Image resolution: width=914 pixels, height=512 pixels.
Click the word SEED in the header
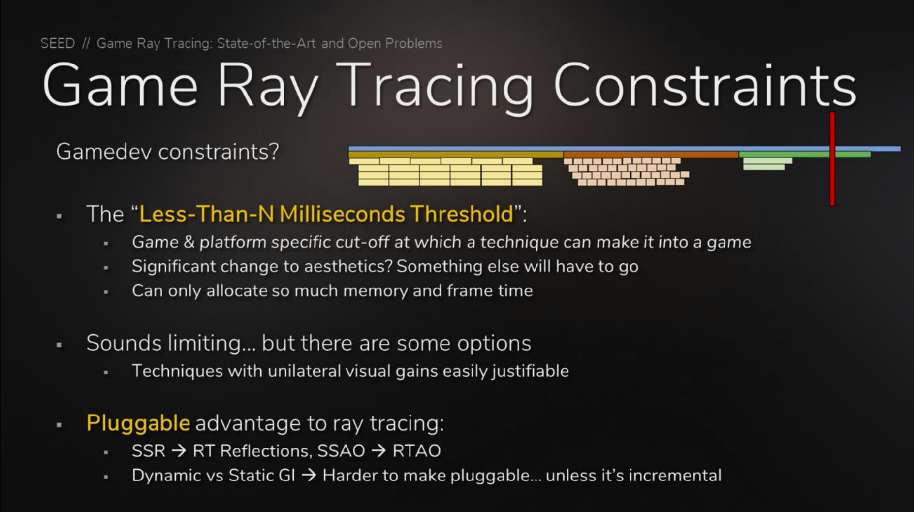(58, 43)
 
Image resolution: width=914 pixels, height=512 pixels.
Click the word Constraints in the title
(705, 85)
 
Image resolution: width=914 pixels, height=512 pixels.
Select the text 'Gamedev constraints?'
(167, 151)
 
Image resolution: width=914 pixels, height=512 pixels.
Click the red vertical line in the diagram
(832, 159)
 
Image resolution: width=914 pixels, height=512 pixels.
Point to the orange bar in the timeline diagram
(651, 155)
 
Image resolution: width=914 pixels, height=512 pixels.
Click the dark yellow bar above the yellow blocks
(456, 155)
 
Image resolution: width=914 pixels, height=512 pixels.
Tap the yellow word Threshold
(462, 214)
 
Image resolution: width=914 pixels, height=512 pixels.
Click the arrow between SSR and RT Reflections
(179, 451)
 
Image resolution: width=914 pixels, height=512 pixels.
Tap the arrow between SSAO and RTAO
(378, 451)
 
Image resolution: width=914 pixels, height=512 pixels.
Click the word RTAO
(416, 451)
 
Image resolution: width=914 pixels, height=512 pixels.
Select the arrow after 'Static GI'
(309, 476)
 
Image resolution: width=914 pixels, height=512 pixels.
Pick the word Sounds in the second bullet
(124, 343)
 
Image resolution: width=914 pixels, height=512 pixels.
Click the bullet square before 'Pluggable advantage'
(59, 425)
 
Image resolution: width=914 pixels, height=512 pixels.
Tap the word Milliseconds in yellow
(342, 214)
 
